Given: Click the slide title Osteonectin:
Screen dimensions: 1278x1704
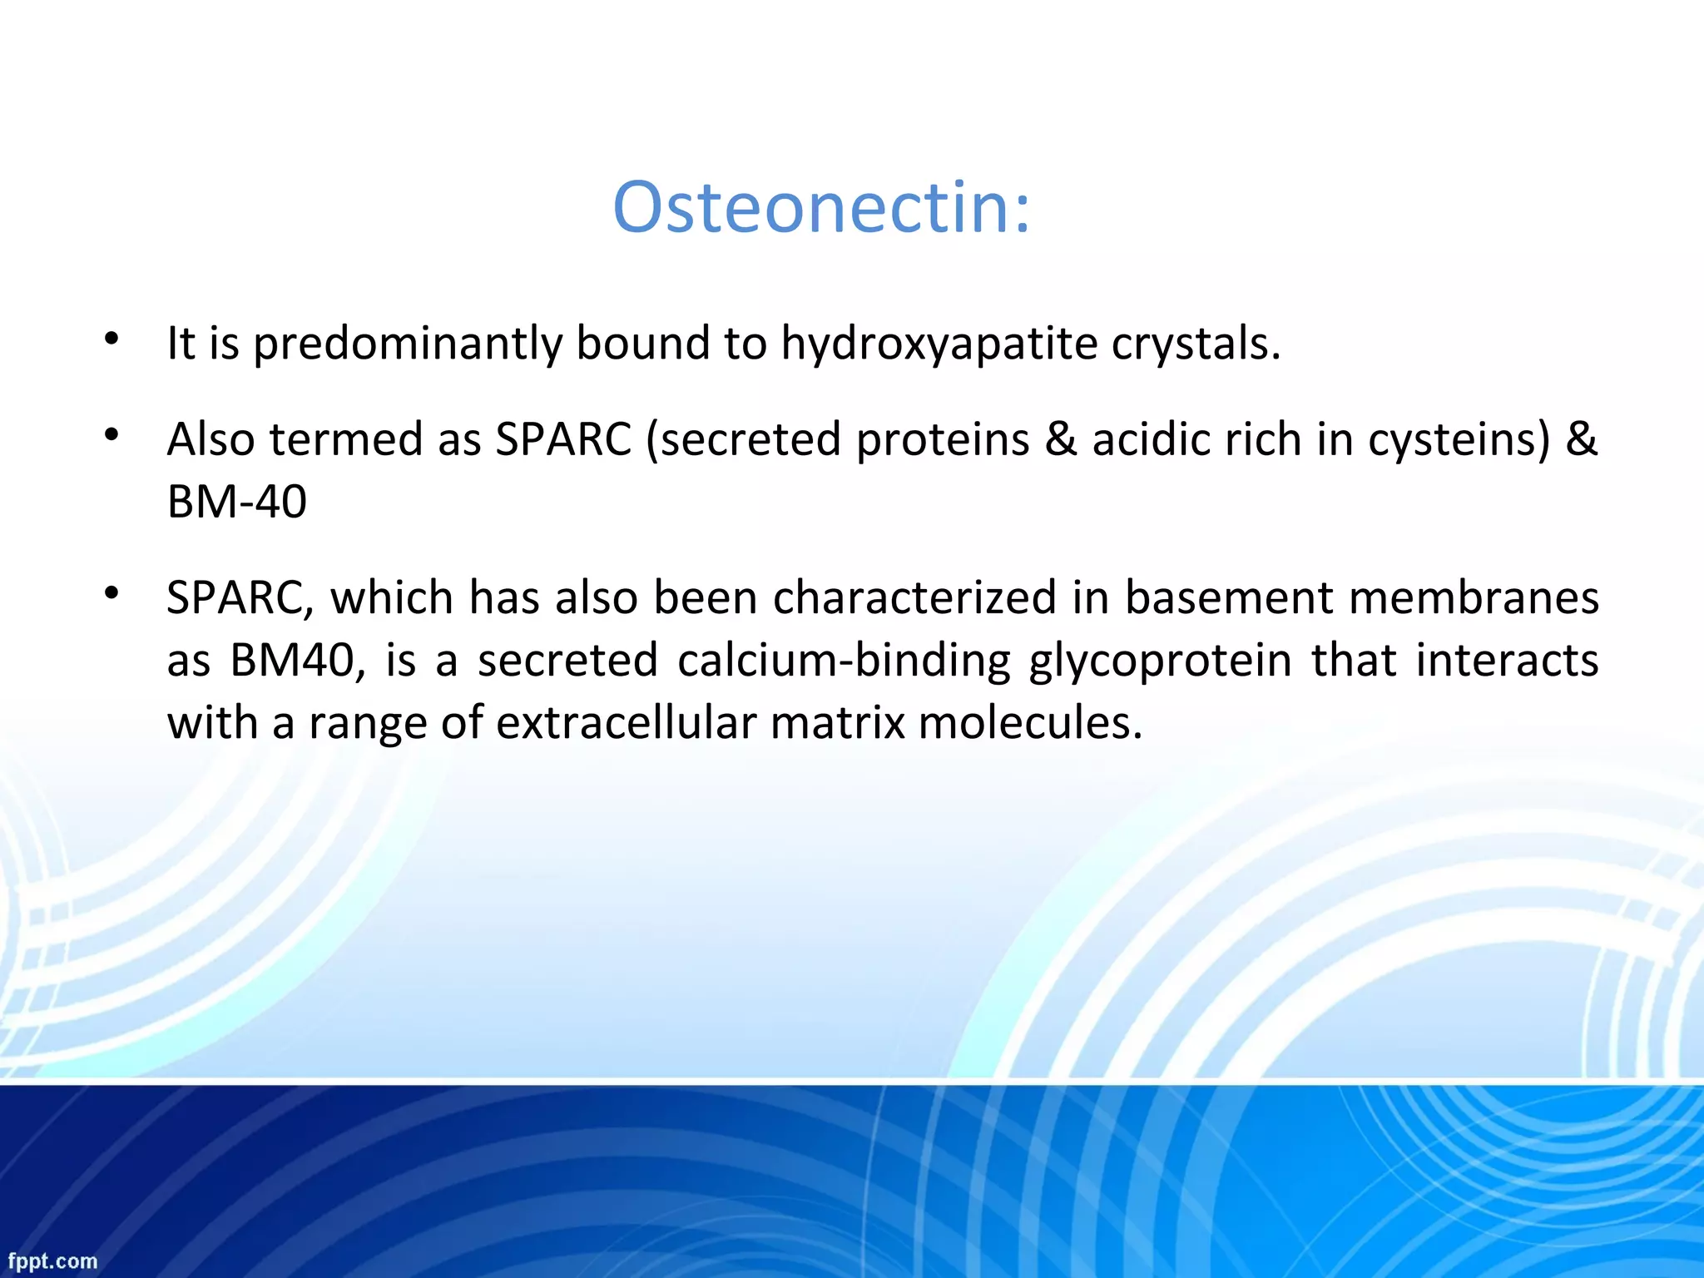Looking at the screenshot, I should pyautogui.click(x=821, y=207).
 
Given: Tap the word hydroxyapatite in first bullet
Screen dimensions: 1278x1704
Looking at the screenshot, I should pyautogui.click(x=939, y=344).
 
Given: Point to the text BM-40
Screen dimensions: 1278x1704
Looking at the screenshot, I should pyautogui.click(x=237, y=502).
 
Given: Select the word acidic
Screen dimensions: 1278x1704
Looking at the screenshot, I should pyautogui.click(x=1152, y=439).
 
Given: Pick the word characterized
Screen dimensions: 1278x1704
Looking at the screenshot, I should pyautogui.click(x=914, y=598).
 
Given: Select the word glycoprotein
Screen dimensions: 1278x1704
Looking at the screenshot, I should pyautogui.click(x=1160, y=661).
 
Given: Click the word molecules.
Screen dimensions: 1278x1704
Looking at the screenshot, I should pyautogui.click(x=1030, y=723).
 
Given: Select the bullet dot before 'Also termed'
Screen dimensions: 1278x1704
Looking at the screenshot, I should pyautogui.click(x=112, y=434).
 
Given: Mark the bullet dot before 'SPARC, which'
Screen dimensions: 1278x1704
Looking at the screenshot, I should pyautogui.click(x=112, y=593).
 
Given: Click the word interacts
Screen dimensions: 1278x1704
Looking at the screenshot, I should pyautogui.click(x=1507, y=661).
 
